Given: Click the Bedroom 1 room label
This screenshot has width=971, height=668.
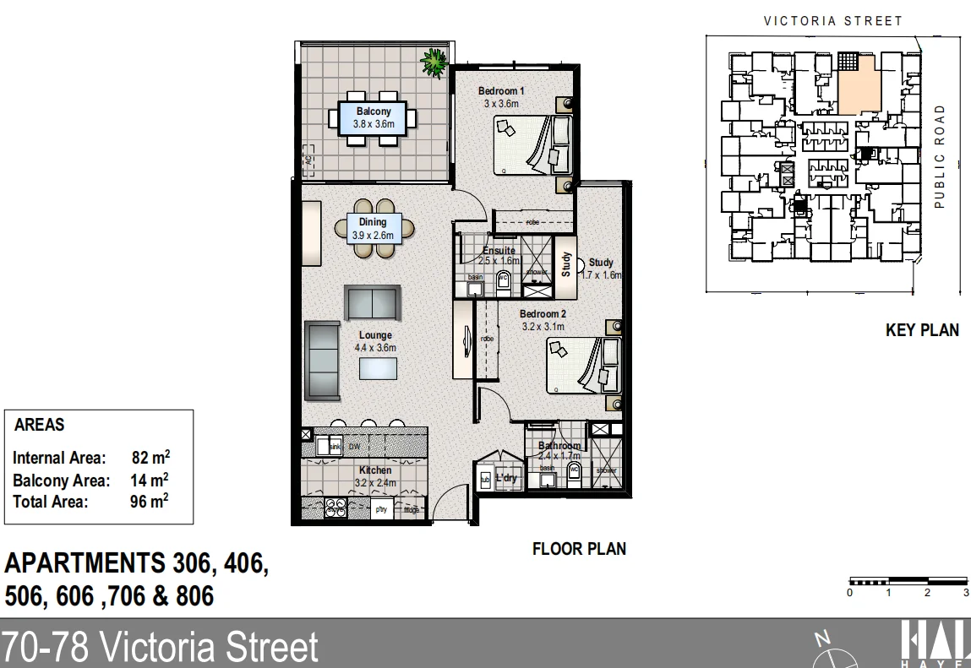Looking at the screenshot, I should pyautogui.click(x=501, y=91).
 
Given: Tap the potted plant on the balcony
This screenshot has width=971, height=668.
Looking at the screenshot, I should pyautogui.click(x=434, y=62).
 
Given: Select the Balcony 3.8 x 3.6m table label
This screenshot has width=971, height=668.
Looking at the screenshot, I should pyautogui.click(x=374, y=117).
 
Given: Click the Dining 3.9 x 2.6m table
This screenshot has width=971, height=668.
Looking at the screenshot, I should pyautogui.click(x=373, y=228).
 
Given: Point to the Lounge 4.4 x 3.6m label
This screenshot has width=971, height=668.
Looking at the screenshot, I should pyautogui.click(x=375, y=341).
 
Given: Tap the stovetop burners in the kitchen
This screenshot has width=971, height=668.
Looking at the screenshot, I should pyautogui.click(x=335, y=508).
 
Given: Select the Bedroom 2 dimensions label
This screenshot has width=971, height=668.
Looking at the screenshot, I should pyautogui.click(x=542, y=326).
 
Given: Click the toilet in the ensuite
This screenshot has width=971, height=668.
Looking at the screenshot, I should pyautogui.click(x=505, y=282).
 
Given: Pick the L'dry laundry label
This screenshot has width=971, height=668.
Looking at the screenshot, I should pyautogui.click(x=506, y=478).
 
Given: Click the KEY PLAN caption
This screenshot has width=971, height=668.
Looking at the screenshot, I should pyautogui.click(x=921, y=330).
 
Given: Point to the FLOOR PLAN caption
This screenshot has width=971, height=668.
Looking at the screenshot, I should pyautogui.click(x=579, y=549).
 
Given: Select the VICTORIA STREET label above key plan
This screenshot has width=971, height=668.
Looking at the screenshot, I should pyautogui.click(x=832, y=21).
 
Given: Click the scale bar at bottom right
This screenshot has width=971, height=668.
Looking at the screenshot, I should pyautogui.click(x=907, y=581).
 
